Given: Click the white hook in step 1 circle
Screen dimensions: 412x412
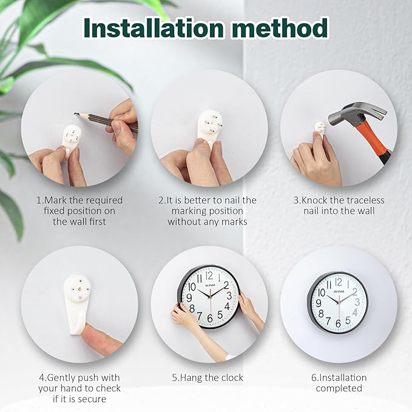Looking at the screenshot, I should pyautogui.click(x=72, y=137).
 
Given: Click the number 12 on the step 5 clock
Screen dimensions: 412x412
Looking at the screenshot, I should pyautogui.click(x=210, y=276).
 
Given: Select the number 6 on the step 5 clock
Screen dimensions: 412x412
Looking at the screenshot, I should pyautogui.click(x=210, y=317).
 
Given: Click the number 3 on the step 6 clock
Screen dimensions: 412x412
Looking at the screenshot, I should pyautogui.click(x=358, y=302).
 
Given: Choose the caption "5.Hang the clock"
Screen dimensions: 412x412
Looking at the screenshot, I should pyautogui.click(x=207, y=377).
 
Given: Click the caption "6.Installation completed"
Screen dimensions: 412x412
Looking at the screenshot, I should pyautogui.click(x=339, y=383).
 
